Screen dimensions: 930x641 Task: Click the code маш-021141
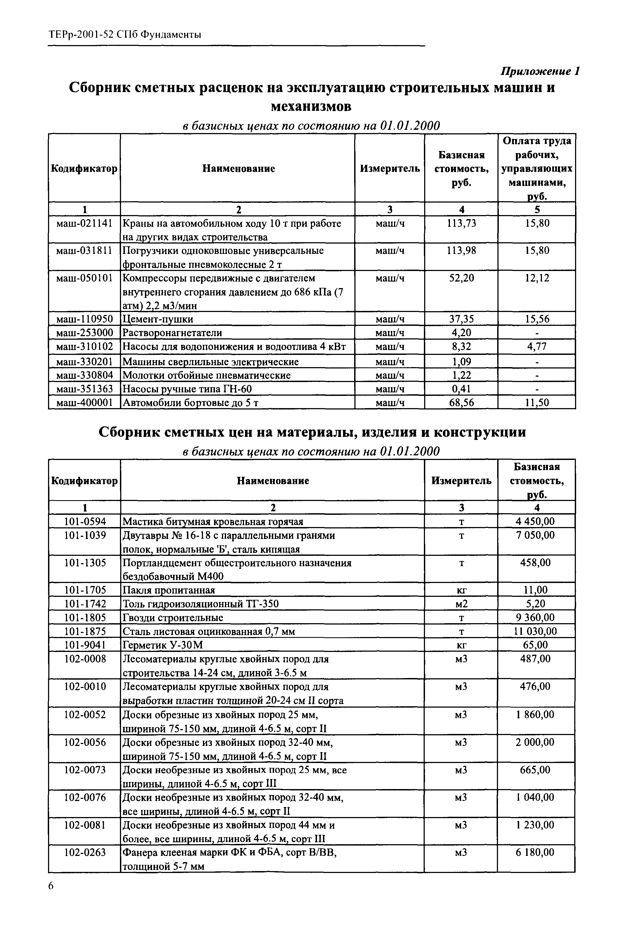click(84, 223)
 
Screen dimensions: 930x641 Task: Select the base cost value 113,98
click(461, 251)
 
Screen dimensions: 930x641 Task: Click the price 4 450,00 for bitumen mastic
click(536, 522)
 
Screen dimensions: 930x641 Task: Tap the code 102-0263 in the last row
click(85, 852)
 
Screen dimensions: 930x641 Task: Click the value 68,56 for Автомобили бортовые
click(461, 403)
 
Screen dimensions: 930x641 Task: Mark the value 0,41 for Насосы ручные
click(461, 389)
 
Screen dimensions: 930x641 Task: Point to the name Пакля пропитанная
click(169, 590)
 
